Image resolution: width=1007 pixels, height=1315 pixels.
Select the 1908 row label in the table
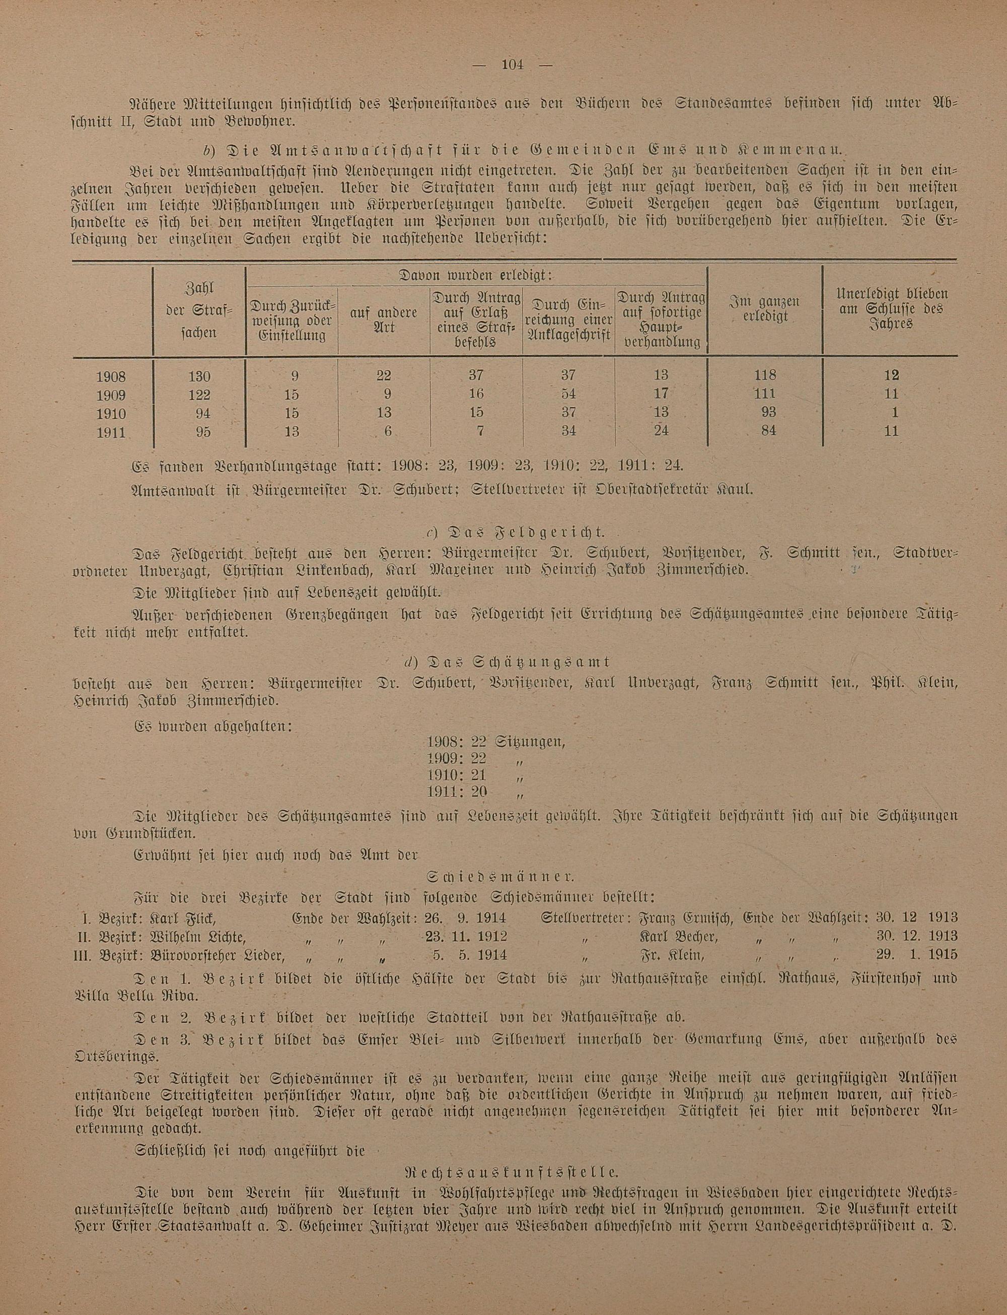(x=111, y=376)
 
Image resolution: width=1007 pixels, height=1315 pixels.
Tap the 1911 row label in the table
(x=111, y=431)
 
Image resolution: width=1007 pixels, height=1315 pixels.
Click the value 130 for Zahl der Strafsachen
(x=199, y=376)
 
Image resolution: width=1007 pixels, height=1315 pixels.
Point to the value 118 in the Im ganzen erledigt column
(x=765, y=375)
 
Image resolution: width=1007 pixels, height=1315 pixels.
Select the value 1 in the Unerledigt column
(x=894, y=413)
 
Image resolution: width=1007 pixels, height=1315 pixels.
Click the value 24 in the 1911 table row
(x=661, y=431)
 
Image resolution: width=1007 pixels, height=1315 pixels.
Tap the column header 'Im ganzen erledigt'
(x=765, y=309)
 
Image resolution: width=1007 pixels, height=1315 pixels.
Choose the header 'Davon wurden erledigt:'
(x=475, y=277)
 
